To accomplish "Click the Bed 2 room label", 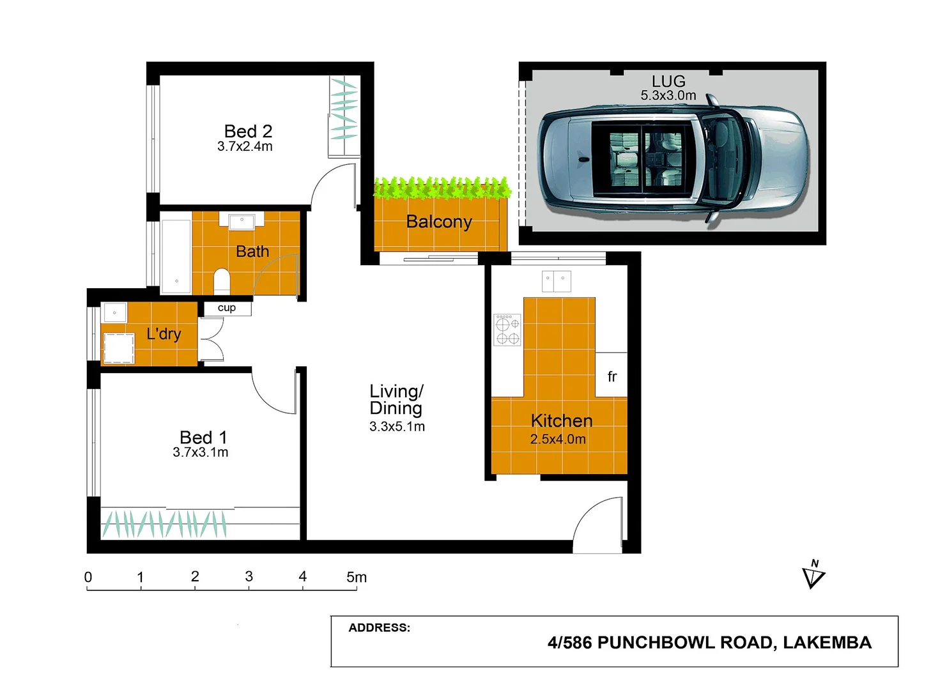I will coord(248,131).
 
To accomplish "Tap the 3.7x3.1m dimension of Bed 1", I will coord(200,452).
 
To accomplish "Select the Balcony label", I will coord(439,222).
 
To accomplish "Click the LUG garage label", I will coord(668,81).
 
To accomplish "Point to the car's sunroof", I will coord(642,159).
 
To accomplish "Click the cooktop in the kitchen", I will coord(507,330).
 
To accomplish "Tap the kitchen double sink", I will coord(556,281).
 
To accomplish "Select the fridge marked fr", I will coord(612,376).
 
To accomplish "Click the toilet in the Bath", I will coord(221,280).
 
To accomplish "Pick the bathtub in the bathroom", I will coord(176,256).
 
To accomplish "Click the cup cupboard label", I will coord(227,308).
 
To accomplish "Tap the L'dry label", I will coord(164,333).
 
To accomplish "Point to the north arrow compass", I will coord(813,575).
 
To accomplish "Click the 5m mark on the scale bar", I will coord(356,577).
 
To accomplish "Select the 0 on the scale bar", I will coord(88,577).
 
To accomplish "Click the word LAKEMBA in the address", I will coord(827,643).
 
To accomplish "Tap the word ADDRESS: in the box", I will coord(379,627).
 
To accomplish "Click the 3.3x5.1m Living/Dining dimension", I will coord(397,427).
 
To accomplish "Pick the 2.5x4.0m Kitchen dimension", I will coord(558,440).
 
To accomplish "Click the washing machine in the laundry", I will coord(118,348).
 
